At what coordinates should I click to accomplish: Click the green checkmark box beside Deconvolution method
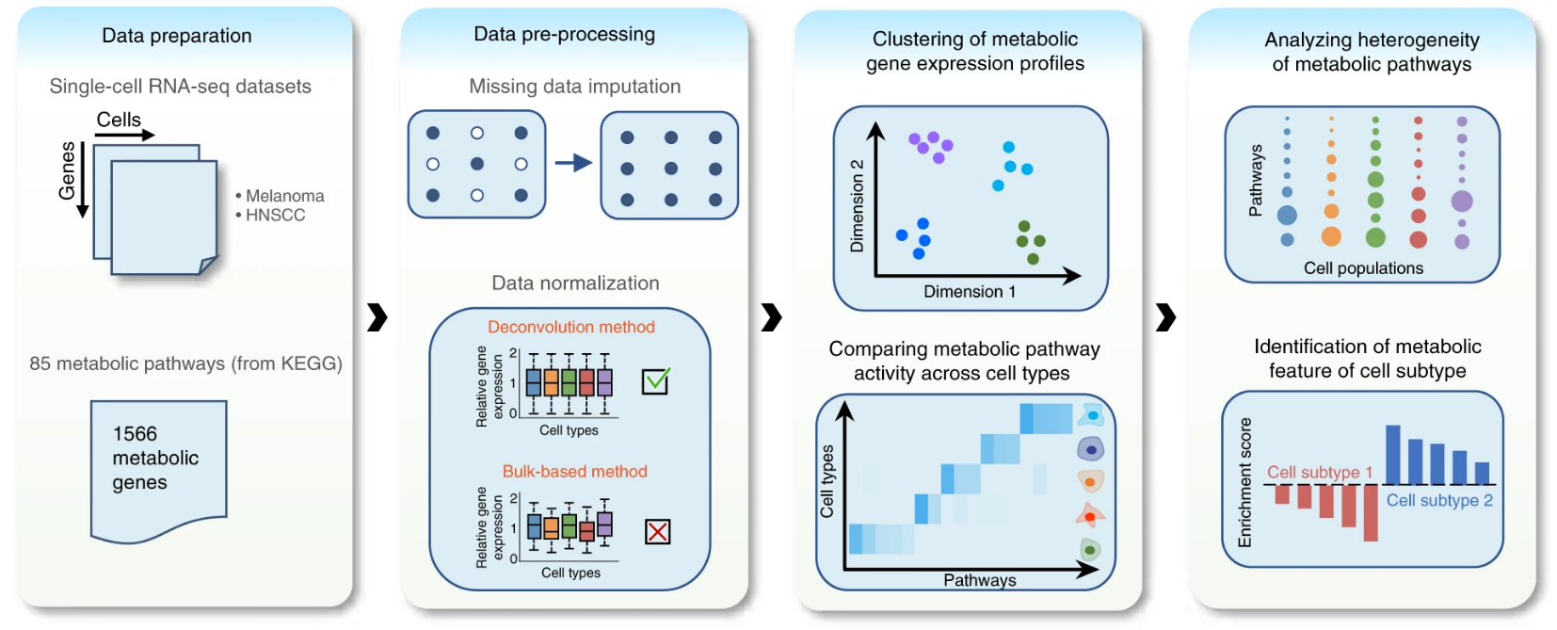coord(655,380)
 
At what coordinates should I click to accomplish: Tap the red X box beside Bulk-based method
coord(658,532)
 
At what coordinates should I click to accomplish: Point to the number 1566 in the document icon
coord(135,434)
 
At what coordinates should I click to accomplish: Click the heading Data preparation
coord(177,36)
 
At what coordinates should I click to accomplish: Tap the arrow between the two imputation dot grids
coord(573,164)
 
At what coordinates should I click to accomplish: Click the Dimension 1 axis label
coord(970,291)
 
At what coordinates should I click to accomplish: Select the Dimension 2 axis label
coord(857,205)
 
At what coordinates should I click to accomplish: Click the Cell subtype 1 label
coord(1320,472)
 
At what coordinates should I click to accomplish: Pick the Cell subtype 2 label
coord(1439,500)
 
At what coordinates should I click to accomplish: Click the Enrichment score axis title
coord(1244,482)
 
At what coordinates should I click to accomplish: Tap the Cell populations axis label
coord(1363,268)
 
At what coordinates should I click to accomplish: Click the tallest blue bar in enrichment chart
coord(1393,455)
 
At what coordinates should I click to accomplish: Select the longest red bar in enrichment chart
coord(1371,512)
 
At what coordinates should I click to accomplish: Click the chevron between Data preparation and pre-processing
coord(377,317)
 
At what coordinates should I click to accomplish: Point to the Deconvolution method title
coord(571,327)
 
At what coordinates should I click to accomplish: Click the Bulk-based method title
coord(575,472)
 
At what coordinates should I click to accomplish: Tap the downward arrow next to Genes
coord(83,180)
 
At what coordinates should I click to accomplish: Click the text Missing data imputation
coord(575,87)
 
